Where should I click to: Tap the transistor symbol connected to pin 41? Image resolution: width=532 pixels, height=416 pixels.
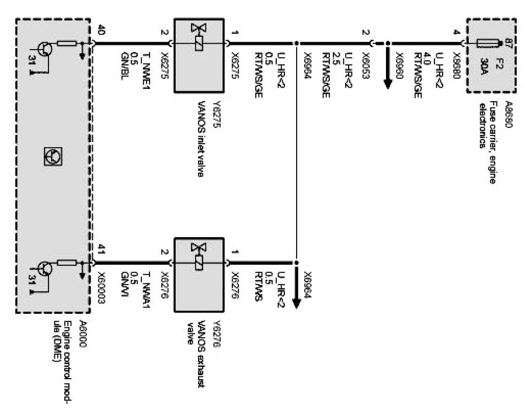click(46, 268)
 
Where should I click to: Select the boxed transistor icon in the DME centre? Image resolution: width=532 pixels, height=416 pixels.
click(53, 155)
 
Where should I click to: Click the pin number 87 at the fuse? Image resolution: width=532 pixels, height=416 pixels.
click(507, 42)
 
